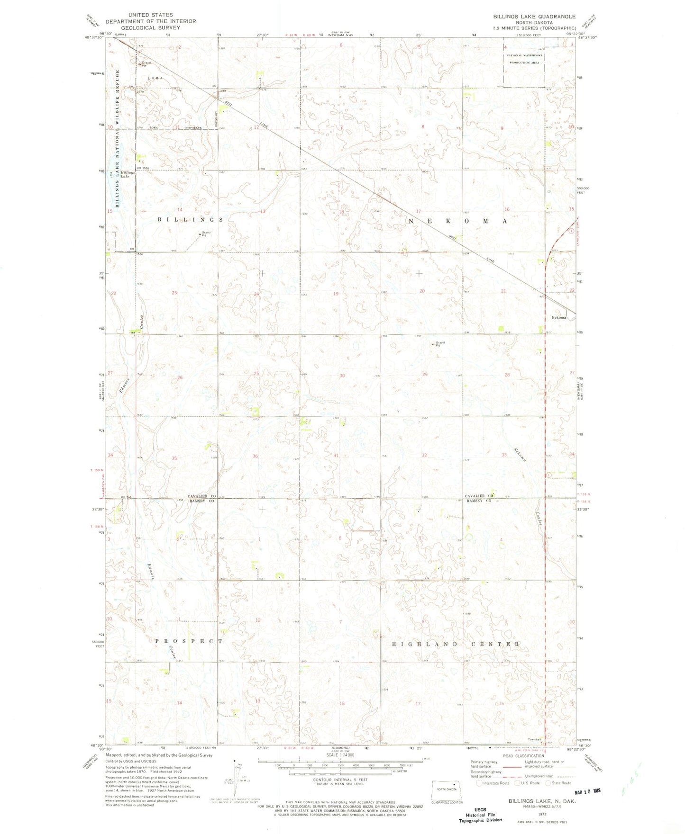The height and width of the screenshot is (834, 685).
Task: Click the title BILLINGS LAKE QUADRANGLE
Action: point(534,16)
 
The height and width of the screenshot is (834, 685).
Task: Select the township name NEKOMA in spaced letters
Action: point(457,221)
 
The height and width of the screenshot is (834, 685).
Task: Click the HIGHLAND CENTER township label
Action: point(456,644)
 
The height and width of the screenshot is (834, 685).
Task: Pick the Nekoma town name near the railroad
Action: point(558,317)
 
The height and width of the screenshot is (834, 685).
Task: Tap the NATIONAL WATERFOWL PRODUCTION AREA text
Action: point(524,59)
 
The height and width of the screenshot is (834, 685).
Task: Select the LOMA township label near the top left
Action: point(155,78)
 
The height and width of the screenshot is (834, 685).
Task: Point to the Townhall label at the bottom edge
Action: point(535,739)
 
